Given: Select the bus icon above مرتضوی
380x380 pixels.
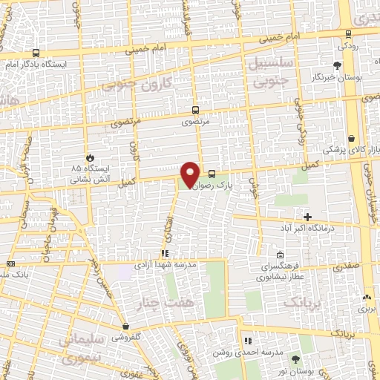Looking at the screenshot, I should click(196, 107).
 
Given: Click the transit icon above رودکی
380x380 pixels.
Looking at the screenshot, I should click(349, 33).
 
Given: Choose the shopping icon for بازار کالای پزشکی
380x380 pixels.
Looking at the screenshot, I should click(350, 138).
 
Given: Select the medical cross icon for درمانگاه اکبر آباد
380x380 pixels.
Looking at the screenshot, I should click(307, 216).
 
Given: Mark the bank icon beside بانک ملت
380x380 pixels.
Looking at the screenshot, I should click(10, 263).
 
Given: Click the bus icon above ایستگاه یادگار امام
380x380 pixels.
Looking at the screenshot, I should click(37, 53).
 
